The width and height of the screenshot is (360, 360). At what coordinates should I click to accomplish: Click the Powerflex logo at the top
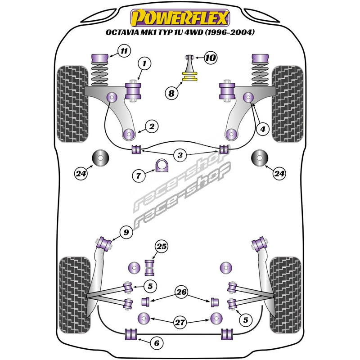click(180, 18)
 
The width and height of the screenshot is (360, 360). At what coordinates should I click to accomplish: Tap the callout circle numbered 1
click(144, 64)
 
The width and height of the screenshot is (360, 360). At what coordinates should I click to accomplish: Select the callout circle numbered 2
click(152, 127)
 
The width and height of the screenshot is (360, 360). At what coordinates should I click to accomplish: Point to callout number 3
click(180, 156)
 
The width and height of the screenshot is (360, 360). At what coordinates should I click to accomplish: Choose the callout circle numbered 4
click(263, 129)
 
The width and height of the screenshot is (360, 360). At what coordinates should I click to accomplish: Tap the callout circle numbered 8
click(171, 94)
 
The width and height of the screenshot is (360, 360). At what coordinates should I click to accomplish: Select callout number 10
click(210, 58)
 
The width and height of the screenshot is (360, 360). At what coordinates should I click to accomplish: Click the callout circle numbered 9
click(126, 233)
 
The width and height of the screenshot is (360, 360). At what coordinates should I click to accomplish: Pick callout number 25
click(161, 246)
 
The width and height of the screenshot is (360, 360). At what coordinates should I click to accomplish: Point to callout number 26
click(181, 293)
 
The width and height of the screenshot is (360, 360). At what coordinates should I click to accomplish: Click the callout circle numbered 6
click(156, 343)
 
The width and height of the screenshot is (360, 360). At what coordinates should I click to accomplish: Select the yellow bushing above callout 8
click(189, 76)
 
